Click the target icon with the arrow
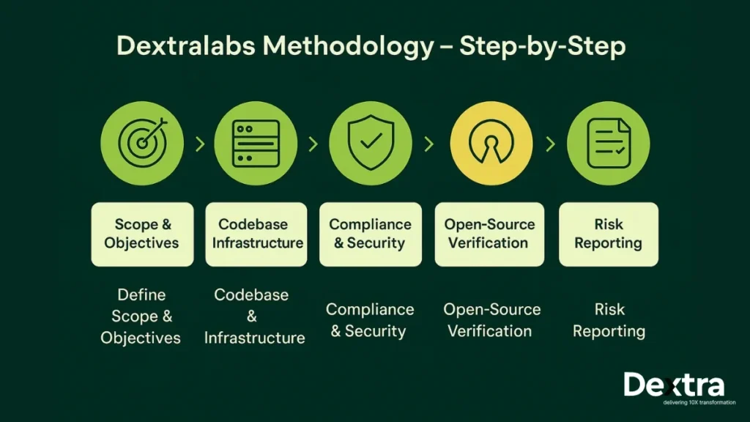tap(142, 143)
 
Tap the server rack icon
tap(256, 143)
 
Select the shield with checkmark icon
tap(371, 143)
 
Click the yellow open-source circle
tap(491, 143)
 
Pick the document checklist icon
tap(609, 143)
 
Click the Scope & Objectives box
tap(143, 234)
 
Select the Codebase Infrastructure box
tap(256, 234)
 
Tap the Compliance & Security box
tap(371, 234)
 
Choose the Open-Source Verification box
tap(489, 234)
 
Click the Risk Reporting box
tap(609, 234)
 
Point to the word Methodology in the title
tap(348, 47)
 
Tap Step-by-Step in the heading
tap(543, 47)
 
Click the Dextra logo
tap(674, 385)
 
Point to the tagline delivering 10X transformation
tap(699, 402)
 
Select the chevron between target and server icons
tap(200, 144)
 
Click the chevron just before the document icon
tap(551, 144)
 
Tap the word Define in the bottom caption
tap(141, 295)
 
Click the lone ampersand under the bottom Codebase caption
tap(252, 316)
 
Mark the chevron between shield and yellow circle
tap(429, 144)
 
